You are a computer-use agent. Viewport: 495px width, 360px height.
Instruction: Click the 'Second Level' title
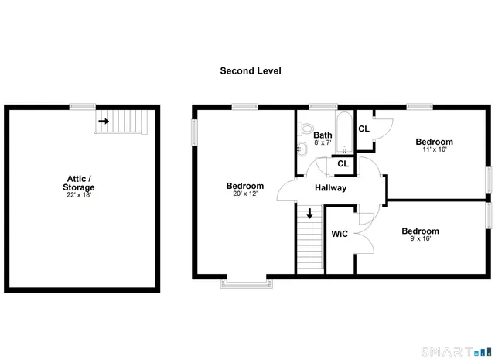click(x=250, y=70)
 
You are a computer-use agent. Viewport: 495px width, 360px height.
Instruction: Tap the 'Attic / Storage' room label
click(x=80, y=183)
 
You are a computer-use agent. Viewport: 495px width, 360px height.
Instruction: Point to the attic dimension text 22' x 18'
click(x=80, y=196)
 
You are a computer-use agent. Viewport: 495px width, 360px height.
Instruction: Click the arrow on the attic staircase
click(x=103, y=121)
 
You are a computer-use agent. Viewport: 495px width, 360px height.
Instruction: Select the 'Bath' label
click(x=323, y=135)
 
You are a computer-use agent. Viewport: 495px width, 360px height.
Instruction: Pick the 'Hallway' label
click(x=330, y=188)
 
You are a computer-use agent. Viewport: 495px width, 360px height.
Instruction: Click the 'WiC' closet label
click(x=340, y=234)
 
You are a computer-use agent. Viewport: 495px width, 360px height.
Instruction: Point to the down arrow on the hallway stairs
click(x=310, y=213)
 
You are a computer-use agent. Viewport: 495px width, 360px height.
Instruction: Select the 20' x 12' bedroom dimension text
click(x=244, y=194)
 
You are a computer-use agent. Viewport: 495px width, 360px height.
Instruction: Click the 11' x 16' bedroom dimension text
click(x=434, y=150)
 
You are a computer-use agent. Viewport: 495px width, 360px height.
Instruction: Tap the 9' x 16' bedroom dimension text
click(x=420, y=239)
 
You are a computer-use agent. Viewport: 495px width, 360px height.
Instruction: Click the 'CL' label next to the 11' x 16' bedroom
click(x=364, y=129)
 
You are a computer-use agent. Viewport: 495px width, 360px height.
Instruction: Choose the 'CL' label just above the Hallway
click(x=343, y=164)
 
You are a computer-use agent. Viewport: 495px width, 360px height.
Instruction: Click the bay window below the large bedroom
click(x=247, y=283)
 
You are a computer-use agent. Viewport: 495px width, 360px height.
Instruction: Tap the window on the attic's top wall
click(x=82, y=106)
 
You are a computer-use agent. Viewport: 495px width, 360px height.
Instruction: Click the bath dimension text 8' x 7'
click(x=323, y=144)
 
